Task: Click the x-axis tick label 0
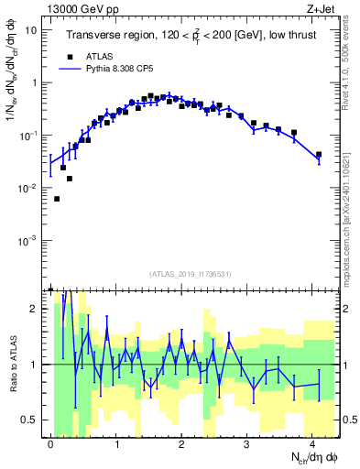[50, 443]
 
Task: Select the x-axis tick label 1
[116, 443]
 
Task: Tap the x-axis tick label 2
[182, 443]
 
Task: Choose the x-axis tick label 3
[247, 443]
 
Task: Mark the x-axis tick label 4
[313, 443]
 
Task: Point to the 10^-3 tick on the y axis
[31, 240]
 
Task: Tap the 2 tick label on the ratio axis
[38, 309]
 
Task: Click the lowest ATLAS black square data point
[57, 199]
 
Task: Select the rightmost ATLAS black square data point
[318, 155]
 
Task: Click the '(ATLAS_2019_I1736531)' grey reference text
[192, 273]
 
